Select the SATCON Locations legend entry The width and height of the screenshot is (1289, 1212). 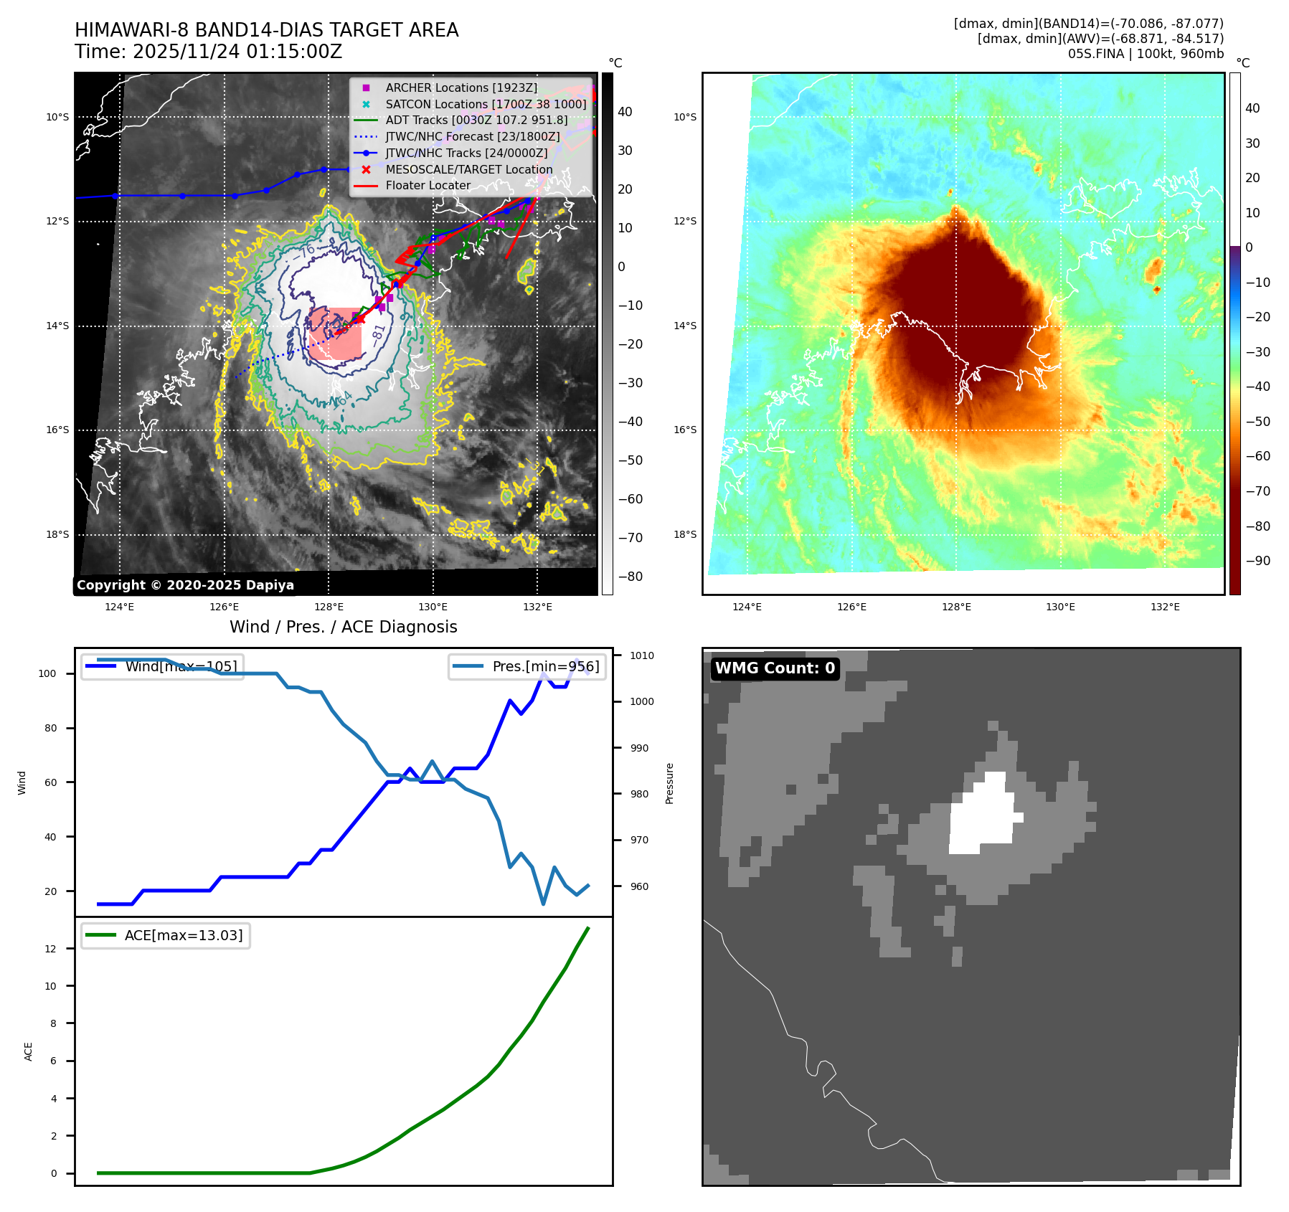485,104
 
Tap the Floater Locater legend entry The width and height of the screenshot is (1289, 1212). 428,185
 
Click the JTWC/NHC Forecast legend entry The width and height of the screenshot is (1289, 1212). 472,136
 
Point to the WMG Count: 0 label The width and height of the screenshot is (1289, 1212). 775,668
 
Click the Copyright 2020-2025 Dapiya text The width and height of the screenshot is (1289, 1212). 185,585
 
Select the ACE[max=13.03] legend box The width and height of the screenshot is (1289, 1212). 166,935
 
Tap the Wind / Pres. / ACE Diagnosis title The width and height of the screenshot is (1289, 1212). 343,627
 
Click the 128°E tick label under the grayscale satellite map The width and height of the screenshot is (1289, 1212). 329,607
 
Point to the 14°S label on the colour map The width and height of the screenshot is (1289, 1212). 684,326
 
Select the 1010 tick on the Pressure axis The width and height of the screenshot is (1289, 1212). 641,655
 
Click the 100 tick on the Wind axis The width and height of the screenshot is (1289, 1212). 47,673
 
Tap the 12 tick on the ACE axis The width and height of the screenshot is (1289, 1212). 50,949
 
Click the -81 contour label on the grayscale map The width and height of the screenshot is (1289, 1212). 378,334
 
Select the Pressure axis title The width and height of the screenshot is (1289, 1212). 669,783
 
